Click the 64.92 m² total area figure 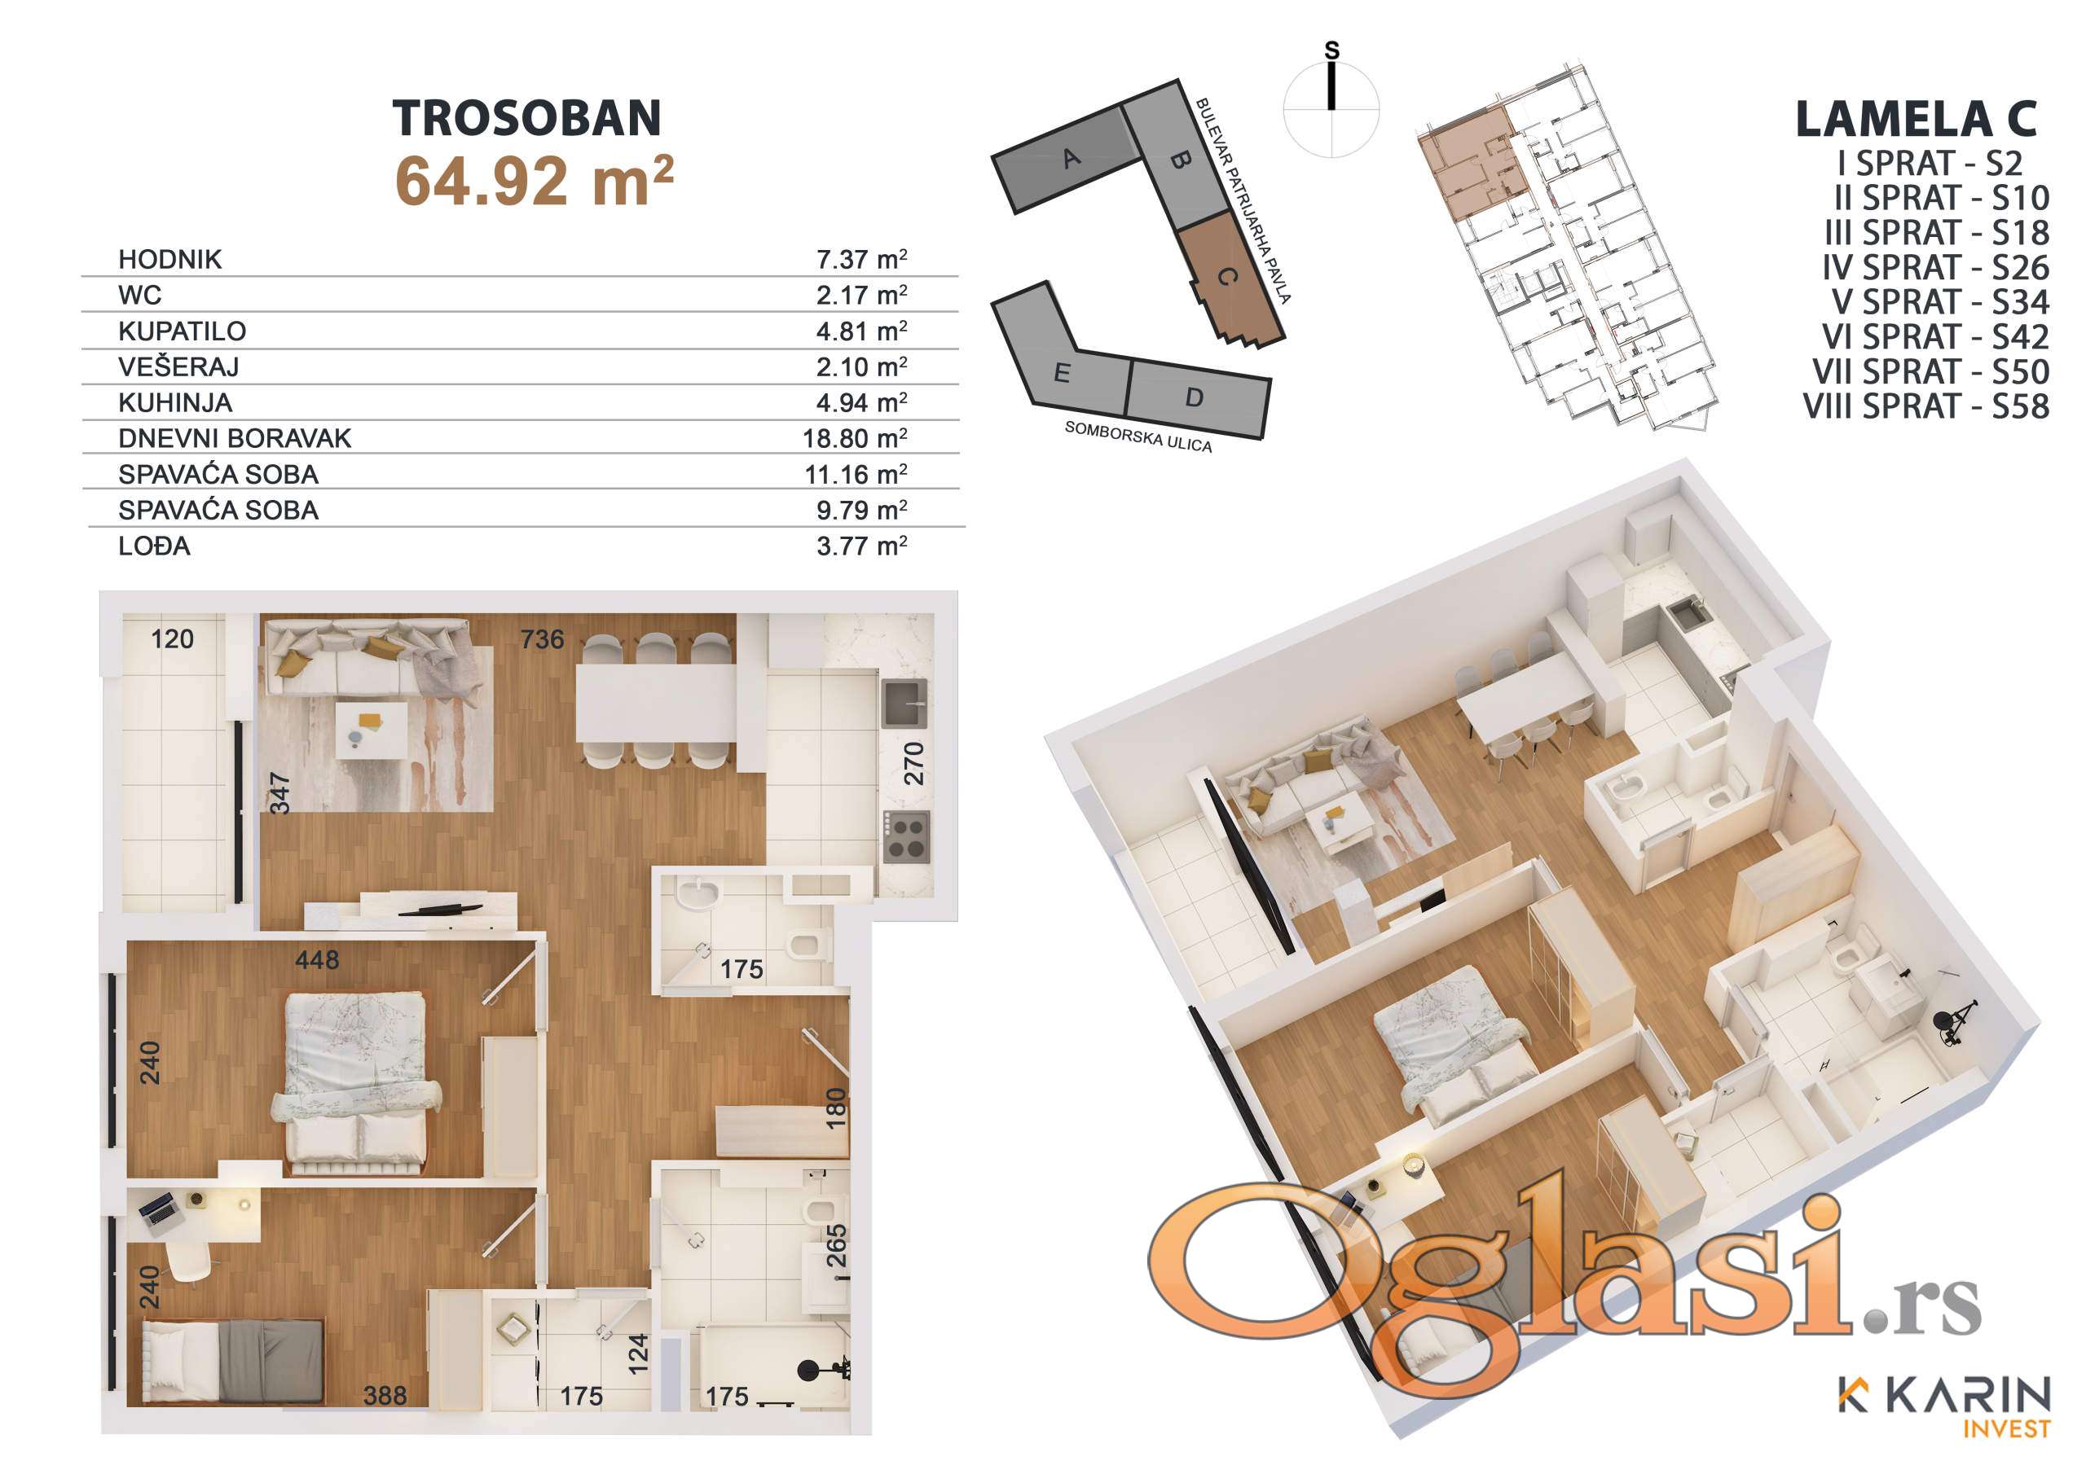tap(535, 180)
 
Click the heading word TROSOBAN tap(527, 118)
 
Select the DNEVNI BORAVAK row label tap(235, 438)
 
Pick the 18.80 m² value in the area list tap(854, 438)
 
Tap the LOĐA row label tap(155, 546)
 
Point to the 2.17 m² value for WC tap(861, 295)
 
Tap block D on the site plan tap(1195, 397)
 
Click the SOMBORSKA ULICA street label tap(1138, 436)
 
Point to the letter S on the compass tap(1332, 50)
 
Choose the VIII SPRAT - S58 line tap(1926, 406)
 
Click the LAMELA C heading tap(1917, 119)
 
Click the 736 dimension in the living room tap(543, 639)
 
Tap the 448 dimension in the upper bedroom tap(317, 959)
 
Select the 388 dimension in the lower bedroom tap(385, 1395)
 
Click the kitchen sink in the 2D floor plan tap(905, 704)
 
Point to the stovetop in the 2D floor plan tap(907, 836)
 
